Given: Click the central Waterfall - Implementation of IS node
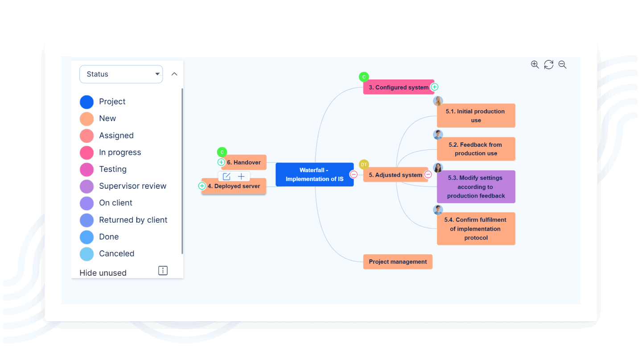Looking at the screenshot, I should click(x=314, y=174).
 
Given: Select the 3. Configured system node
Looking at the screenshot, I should click(x=398, y=87).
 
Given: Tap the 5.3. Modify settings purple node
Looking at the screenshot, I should click(x=476, y=187).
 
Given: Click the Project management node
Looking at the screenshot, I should click(x=398, y=262).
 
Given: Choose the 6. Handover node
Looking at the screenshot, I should click(x=244, y=162).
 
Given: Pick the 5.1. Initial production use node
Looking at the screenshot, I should click(x=476, y=116).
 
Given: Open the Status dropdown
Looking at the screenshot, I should click(x=121, y=74).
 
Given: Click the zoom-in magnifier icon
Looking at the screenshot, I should click(x=535, y=65).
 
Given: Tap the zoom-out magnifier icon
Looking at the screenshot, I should click(x=563, y=65).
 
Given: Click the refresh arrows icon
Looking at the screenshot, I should click(x=549, y=65).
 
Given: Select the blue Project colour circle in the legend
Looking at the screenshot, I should click(x=86, y=102).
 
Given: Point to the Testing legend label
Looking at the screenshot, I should click(x=113, y=169).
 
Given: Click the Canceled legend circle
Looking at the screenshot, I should click(x=86, y=254).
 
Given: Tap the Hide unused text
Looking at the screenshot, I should click(x=103, y=273).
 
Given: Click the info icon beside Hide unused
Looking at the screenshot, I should click(x=163, y=271).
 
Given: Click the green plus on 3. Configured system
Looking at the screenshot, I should click(x=435, y=87).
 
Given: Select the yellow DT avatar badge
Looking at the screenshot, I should click(x=364, y=165).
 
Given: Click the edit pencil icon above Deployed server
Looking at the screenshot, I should click(x=226, y=177).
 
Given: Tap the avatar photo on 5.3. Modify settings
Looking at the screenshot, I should click(x=438, y=168).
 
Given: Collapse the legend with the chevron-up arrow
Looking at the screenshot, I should click(x=174, y=74).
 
